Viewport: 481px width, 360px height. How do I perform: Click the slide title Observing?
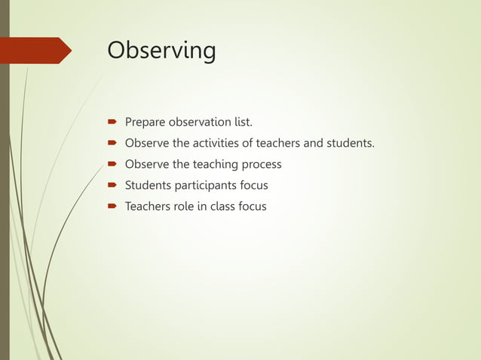click(161, 50)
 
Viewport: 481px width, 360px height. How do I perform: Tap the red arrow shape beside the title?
click(38, 50)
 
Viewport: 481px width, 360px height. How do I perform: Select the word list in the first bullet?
click(243, 122)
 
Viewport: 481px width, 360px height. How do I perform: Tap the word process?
click(260, 164)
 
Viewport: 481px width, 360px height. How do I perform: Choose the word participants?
click(206, 185)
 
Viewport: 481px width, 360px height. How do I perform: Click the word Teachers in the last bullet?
click(148, 206)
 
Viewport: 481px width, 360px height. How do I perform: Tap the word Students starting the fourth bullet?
click(148, 185)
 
